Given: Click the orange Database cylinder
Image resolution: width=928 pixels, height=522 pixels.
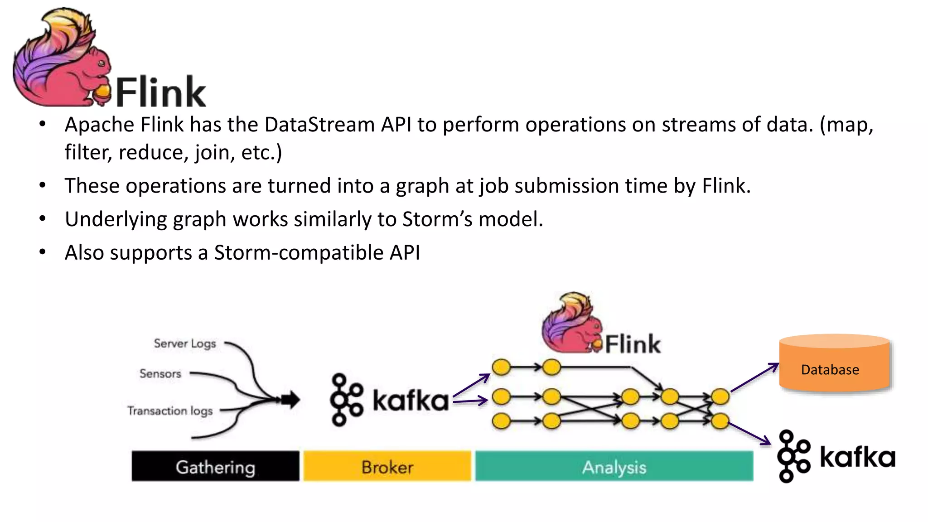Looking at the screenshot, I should [x=834, y=365].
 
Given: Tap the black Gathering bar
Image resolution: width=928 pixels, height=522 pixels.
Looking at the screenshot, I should [x=215, y=466].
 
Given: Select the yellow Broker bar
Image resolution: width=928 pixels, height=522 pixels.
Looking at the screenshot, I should [x=387, y=466].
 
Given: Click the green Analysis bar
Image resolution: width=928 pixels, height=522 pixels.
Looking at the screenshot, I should [x=614, y=466].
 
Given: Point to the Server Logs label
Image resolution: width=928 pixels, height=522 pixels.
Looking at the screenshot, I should [x=185, y=343].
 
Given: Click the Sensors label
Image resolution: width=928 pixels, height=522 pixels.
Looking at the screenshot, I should [x=160, y=374].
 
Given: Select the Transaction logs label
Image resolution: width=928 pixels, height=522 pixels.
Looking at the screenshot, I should [x=170, y=411].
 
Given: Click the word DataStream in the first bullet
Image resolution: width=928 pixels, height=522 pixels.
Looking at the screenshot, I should [x=319, y=125].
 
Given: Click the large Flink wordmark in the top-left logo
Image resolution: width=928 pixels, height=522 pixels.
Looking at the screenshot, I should [x=161, y=92].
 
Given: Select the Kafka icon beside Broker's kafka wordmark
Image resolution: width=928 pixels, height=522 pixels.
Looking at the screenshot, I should [x=346, y=400].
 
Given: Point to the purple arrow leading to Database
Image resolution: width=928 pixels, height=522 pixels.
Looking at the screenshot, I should [x=754, y=377].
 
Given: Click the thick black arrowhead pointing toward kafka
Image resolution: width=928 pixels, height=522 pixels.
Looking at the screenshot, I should [x=291, y=400].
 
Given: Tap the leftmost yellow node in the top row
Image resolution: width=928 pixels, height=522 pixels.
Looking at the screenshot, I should [x=501, y=367].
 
